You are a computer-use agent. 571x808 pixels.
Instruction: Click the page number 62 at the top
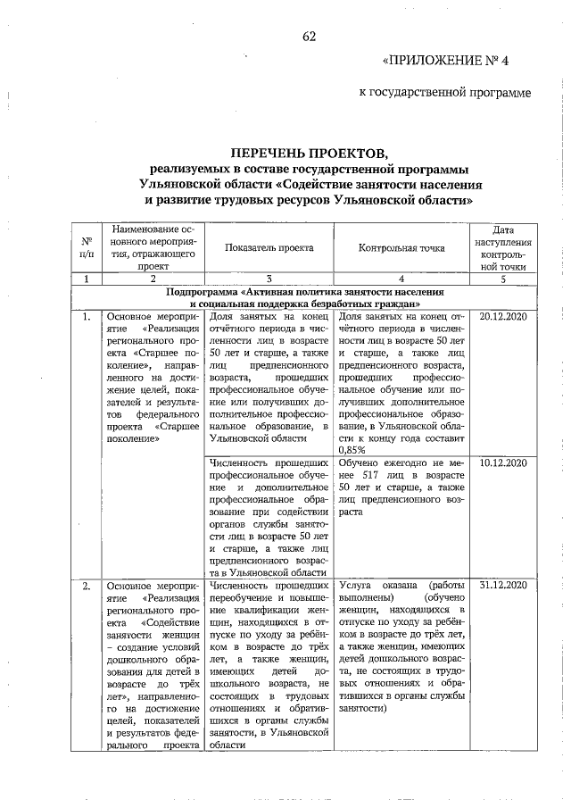(x=310, y=36)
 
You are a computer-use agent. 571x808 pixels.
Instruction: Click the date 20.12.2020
(x=503, y=316)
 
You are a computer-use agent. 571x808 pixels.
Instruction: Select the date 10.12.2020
(x=503, y=463)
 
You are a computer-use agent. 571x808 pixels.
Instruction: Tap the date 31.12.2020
(x=503, y=585)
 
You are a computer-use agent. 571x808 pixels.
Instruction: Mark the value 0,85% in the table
(x=353, y=450)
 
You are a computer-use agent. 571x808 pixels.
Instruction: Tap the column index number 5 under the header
(x=503, y=279)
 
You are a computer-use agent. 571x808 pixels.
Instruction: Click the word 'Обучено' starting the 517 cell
(x=362, y=463)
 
